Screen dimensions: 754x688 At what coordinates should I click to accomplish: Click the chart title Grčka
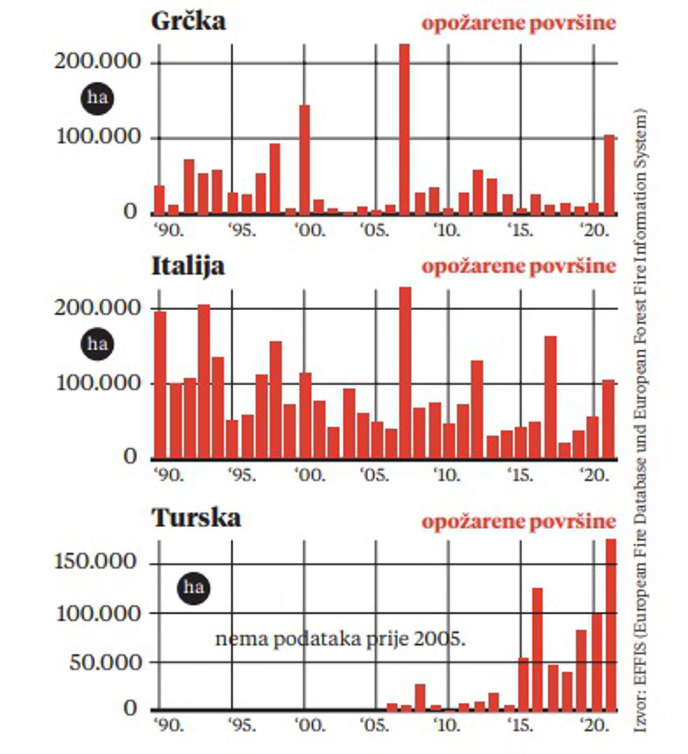pyautogui.click(x=189, y=21)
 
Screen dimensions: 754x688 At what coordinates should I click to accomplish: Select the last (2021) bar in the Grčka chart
pyautogui.click(x=609, y=174)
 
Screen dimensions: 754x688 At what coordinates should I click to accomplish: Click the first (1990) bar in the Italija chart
pyautogui.click(x=160, y=385)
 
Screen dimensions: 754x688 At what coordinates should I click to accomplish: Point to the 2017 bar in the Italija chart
pyautogui.click(x=550, y=397)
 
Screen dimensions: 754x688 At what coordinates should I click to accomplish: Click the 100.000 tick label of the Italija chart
pyautogui.click(x=97, y=383)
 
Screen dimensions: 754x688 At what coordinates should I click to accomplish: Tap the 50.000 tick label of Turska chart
pyautogui.click(x=104, y=660)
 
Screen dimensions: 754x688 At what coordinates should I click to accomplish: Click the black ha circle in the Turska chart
pyautogui.click(x=193, y=587)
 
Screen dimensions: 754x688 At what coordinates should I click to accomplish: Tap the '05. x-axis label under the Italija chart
pyautogui.click(x=376, y=475)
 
